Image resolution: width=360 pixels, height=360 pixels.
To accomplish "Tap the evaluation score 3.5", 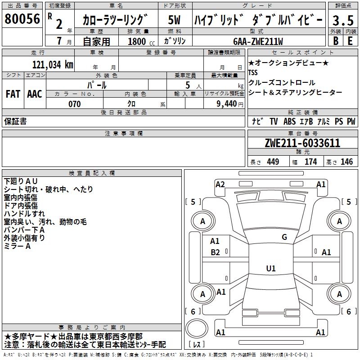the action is coord(342,20).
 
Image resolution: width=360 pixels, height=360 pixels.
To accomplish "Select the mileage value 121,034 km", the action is coord(53,64).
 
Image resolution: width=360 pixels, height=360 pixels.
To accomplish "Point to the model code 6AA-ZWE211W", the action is coord(258,41).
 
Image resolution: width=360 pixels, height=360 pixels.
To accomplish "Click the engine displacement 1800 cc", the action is coord(139,41).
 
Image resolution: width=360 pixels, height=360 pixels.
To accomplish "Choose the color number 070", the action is coord(74,104).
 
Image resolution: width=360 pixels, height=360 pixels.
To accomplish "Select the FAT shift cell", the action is coord(13,94).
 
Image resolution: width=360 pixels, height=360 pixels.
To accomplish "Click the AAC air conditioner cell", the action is coord(35,94).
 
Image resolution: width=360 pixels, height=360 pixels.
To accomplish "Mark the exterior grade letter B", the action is coord(335,40).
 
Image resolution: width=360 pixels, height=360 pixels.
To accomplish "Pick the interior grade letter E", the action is coord(350,40).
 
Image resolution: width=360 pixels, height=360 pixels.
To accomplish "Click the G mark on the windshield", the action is coord(284,237).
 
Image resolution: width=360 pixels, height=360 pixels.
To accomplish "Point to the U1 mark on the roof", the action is coord(270,269).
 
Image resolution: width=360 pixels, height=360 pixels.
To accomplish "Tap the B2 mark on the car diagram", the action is coord(215,252).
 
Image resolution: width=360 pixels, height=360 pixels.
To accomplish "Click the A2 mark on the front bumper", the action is coord(220,184).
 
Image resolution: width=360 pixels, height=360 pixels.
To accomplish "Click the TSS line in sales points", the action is coord(253,72).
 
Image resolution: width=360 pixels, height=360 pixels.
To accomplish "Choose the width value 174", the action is coord(310,162).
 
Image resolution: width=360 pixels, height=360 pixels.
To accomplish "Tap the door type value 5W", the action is coord(174,20).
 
